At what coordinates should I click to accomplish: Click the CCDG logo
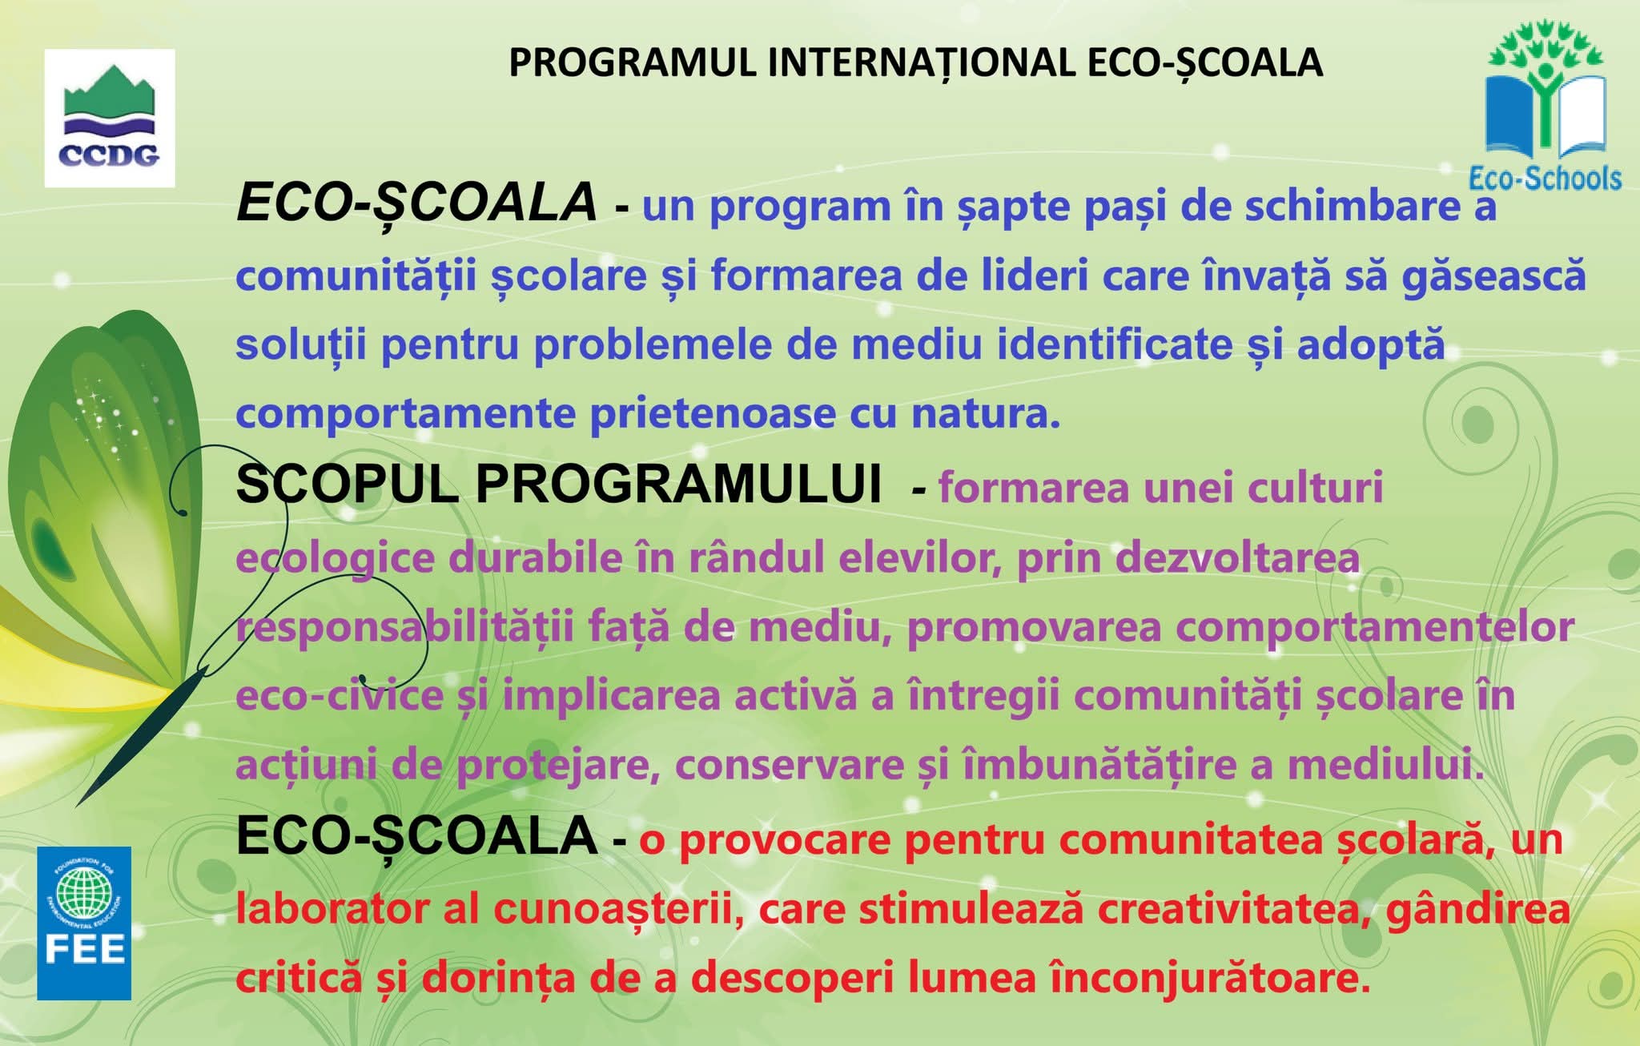click(110, 118)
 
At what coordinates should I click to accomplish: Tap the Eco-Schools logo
click(1545, 107)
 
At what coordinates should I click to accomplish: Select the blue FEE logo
click(84, 923)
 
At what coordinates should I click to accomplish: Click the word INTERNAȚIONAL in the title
click(921, 62)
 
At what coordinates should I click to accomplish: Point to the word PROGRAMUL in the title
click(633, 62)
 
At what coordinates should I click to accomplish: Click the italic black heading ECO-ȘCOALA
click(416, 202)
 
